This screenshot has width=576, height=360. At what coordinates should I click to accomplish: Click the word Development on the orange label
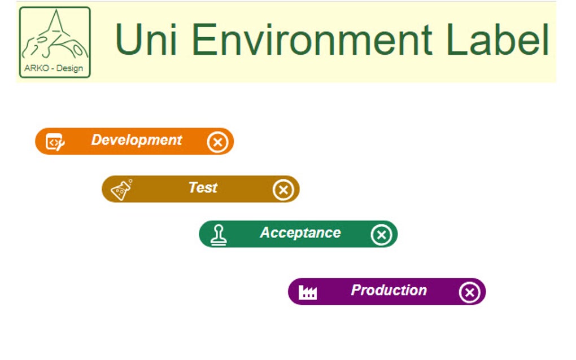[136, 140]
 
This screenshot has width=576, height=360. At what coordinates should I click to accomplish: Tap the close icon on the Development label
[217, 142]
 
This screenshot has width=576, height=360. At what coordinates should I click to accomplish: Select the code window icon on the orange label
[55, 142]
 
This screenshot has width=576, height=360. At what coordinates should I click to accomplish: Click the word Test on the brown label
[203, 187]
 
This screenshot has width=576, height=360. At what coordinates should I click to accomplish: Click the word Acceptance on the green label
[300, 232]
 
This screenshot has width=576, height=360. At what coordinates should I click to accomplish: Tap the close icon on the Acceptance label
[381, 235]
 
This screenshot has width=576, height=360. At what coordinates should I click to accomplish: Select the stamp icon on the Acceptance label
[219, 235]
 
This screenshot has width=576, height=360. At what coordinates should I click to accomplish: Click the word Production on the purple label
[389, 290]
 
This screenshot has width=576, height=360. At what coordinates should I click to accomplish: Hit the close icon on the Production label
[469, 292]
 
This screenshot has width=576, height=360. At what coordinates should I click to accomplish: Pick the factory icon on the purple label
[308, 292]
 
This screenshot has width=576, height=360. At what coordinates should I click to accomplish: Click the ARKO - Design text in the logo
[54, 69]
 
